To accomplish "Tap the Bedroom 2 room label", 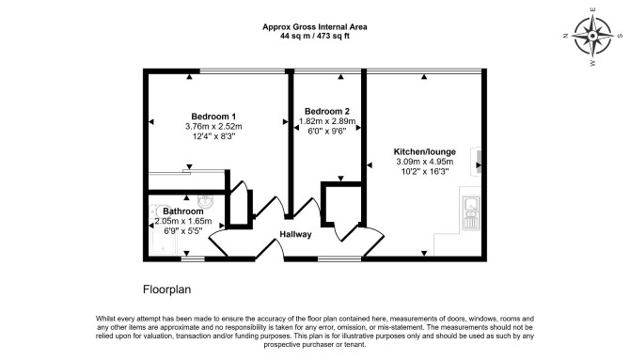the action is [326, 111].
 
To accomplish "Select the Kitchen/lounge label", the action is [425, 152].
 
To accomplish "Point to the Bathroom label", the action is [182, 211].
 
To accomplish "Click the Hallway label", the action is [295, 234].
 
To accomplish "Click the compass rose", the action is [591, 36].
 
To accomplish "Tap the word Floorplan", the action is [166, 290].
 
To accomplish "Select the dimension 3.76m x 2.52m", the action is [213, 127].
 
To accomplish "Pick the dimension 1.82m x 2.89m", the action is [327, 121].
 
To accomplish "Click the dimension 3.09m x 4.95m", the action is [425, 162].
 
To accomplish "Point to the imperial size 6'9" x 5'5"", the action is [182, 231].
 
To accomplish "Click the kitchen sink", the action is [470, 213].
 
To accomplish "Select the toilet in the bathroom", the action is [155, 211].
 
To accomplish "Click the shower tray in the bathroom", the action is [163, 242].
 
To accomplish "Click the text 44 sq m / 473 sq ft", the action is [315, 36].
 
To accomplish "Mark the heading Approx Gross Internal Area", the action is [315, 27].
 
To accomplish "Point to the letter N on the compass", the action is [566, 36].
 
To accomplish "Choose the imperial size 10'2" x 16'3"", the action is [425, 172].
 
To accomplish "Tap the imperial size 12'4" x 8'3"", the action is [213, 136].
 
